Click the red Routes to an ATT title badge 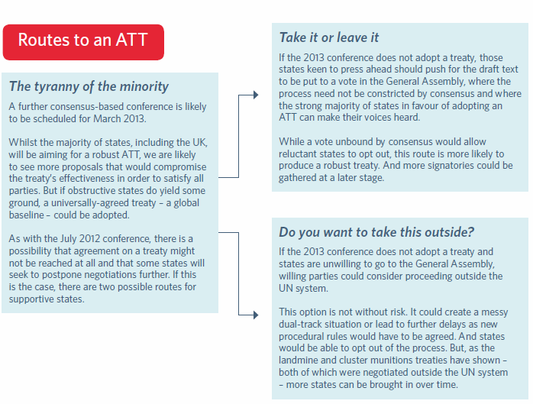pyautogui.click(x=83, y=42)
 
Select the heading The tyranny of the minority pyautogui.click(x=89, y=86)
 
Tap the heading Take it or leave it pyautogui.click(x=328, y=37)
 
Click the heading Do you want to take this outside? pyautogui.click(x=376, y=232)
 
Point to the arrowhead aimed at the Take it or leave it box pyautogui.click(x=256, y=95)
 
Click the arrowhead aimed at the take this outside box pyautogui.click(x=256, y=315)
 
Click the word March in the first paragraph pyautogui.click(x=107, y=118)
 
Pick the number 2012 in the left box pyautogui.click(x=90, y=239)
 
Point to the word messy pyautogui.click(x=495, y=312)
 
